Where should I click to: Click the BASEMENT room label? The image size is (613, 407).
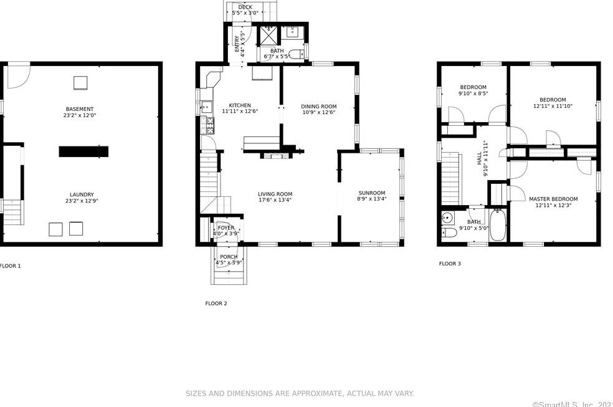80,109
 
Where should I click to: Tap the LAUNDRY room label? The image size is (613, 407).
82,194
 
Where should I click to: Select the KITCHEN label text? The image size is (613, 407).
240,105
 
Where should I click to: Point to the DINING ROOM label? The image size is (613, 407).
318,107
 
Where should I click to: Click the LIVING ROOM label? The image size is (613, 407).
275,194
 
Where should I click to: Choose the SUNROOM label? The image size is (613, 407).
371,193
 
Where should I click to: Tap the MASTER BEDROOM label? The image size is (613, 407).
553,199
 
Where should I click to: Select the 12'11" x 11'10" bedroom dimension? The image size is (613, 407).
553,107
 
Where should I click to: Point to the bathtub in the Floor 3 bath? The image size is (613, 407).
498,225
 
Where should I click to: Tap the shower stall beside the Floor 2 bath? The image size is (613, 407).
268,35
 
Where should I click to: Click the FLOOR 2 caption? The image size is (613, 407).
216,304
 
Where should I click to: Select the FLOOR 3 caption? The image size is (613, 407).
450,264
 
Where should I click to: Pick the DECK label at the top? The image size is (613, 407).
245,7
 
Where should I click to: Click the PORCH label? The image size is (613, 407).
228,257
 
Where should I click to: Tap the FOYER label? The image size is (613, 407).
226,227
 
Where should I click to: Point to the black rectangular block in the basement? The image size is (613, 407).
83,151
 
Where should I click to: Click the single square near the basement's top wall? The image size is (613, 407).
80,82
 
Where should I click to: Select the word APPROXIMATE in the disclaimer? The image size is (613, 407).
310,393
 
